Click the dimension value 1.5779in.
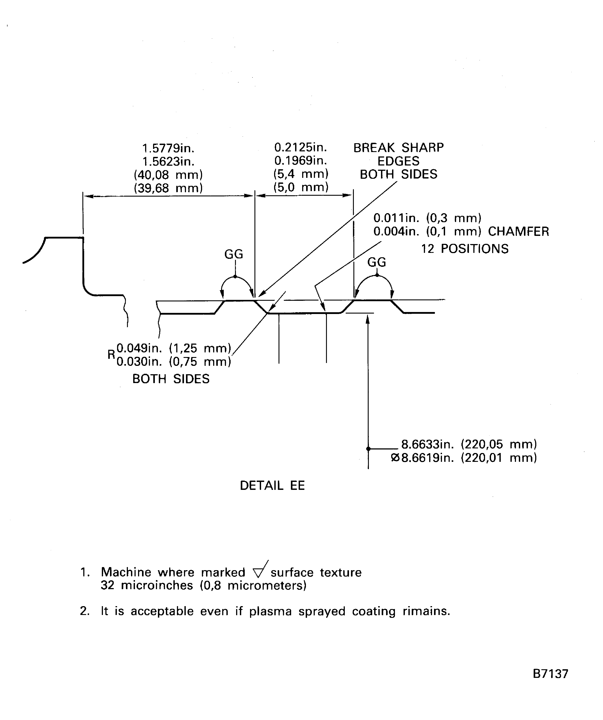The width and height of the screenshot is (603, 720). pos(168,149)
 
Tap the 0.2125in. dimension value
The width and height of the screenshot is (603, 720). pos(301,147)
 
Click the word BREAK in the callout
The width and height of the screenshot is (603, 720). pos(374,148)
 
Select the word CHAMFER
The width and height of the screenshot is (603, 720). pos(519,231)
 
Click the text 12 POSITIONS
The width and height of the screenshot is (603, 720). pos(465,249)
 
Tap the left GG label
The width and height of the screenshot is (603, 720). pos(234,254)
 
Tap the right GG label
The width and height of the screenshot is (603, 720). pos(377,262)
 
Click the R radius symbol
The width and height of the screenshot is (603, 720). pos(111,355)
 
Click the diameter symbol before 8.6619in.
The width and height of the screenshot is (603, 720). pos(395,458)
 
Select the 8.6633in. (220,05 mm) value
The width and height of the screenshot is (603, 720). pos(469,444)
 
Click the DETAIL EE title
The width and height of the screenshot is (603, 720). pos(272,485)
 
